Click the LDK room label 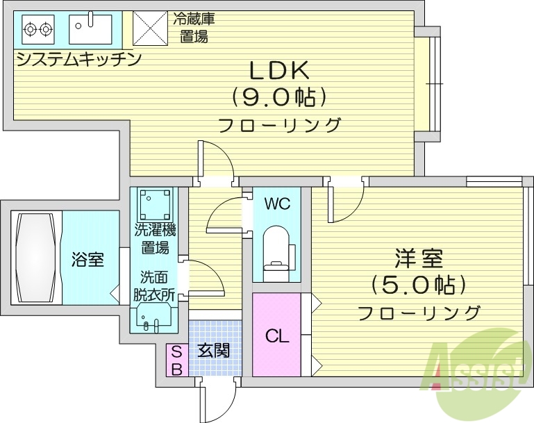coord(279,70)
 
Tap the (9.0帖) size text coord(279,97)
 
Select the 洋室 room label coord(418,259)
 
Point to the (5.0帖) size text coord(418,285)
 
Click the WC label coord(277,204)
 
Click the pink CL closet coord(277,335)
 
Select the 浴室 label coord(88,260)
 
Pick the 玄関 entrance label coord(213,350)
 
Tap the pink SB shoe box coord(176,360)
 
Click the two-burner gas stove coord(37,29)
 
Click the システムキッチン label coord(78,59)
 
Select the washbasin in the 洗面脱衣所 coord(153,316)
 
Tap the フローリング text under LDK coord(279,126)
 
